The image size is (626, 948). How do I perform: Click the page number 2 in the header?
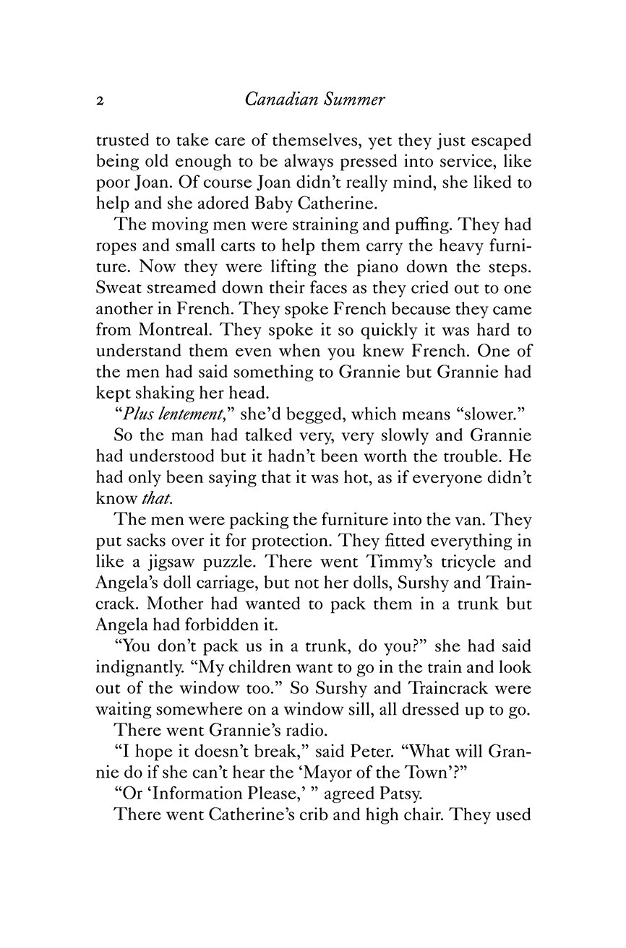coord(100,102)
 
